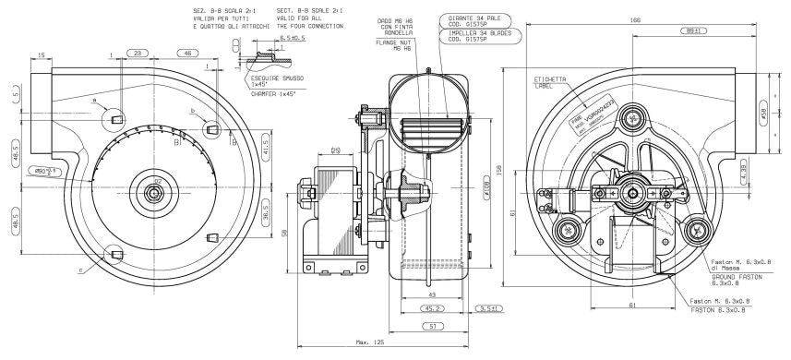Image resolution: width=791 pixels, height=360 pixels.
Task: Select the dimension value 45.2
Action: (433, 308)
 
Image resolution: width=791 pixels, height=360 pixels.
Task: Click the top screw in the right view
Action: (633, 117)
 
